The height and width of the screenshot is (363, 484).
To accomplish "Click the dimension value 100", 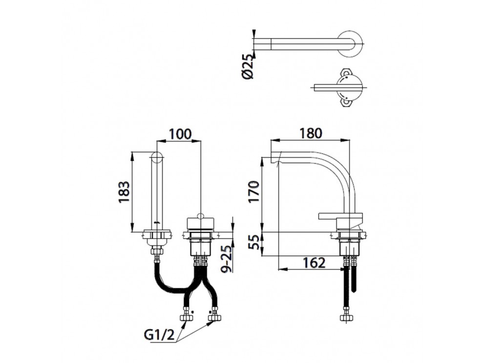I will pos(180,133).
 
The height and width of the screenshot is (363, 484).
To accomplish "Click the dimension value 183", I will pos(124,192).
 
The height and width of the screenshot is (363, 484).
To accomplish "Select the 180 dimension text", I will pos(311,133).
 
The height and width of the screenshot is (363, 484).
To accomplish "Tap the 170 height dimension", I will pos(253,192).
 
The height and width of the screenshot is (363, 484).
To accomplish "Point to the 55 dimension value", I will pos(253,242).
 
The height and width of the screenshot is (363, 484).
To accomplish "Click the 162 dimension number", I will pos(313,263).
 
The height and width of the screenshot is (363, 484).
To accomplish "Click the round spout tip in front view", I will pos(157,157).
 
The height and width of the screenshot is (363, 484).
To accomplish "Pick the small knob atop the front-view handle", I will pos(201,215).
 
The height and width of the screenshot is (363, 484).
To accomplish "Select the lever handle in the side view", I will pos(340,215).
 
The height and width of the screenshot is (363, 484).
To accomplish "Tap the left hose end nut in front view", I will pos(186,318).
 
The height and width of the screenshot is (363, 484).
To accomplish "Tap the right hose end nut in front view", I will pos(214,318).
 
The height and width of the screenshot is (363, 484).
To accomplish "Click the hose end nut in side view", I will pos(346,318).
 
